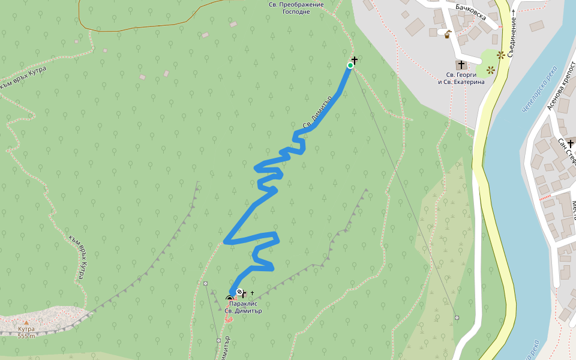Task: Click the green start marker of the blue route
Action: click(x=350, y=65)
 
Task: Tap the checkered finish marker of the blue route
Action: click(x=239, y=292)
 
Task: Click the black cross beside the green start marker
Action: click(x=355, y=60)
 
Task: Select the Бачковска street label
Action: click(x=470, y=10)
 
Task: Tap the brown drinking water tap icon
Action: click(x=448, y=34)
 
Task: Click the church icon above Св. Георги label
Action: click(x=461, y=65)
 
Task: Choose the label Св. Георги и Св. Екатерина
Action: click(x=461, y=78)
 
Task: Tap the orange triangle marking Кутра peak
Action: click(x=26, y=323)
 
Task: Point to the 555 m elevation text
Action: click(x=26, y=335)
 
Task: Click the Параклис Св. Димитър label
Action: click(x=243, y=307)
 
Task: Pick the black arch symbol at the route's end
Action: click(x=229, y=299)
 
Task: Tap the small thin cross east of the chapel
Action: click(x=253, y=293)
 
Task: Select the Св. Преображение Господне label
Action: click(x=296, y=8)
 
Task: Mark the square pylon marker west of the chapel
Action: click(x=206, y=283)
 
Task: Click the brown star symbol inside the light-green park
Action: click(x=491, y=70)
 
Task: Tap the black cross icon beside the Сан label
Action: click(x=570, y=143)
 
